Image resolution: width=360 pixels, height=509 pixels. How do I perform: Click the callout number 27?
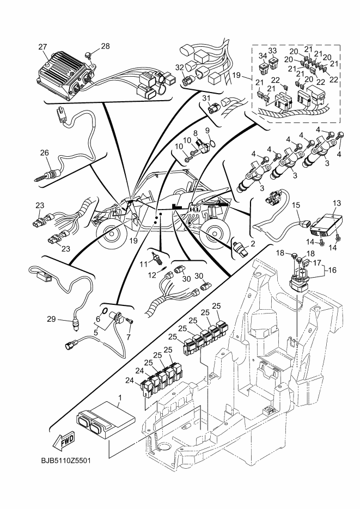(42, 47)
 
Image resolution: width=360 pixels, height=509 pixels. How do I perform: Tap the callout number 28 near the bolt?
(105, 46)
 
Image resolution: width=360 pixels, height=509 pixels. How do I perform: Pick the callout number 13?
(336, 203)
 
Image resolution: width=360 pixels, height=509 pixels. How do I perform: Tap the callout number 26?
(44, 153)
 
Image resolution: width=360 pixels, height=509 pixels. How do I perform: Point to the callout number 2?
(253, 245)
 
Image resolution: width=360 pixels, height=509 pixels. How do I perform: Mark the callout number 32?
(180, 67)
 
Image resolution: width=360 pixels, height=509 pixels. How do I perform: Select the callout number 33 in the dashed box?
(272, 51)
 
